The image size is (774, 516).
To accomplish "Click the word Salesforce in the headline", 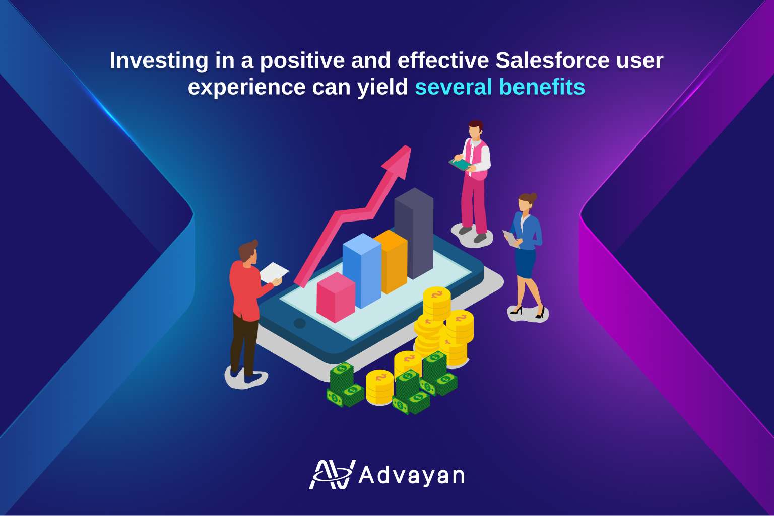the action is pyautogui.click(x=552, y=61).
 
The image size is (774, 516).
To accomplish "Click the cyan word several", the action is pyautogui.click(x=454, y=87).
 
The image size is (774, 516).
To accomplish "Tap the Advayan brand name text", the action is pyautogui.click(x=412, y=476).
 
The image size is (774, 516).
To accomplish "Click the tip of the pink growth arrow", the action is pyautogui.click(x=411, y=146).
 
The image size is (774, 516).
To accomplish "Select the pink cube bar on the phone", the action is pyautogui.click(x=336, y=297).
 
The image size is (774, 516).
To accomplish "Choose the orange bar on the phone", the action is pyautogui.click(x=391, y=261).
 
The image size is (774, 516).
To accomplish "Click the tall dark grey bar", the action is pyautogui.click(x=414, y=233).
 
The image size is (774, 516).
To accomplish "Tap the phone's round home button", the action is pyautogui.click(x=299, y=323).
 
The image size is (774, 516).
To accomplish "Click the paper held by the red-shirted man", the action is pyautogui.click(x=274, y=272).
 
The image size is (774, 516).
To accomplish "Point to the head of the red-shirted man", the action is pyautogui.click(x=248, y=251).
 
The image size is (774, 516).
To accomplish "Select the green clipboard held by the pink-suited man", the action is pyautogui.click(x=461, y=164).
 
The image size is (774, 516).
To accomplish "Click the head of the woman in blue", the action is pyautogui.click(x=527, y=203).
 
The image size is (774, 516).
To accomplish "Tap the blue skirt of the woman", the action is pyautogui.click(x=525, y=263).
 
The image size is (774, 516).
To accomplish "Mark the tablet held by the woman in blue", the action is pyautogui.click(x=510, y=238).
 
